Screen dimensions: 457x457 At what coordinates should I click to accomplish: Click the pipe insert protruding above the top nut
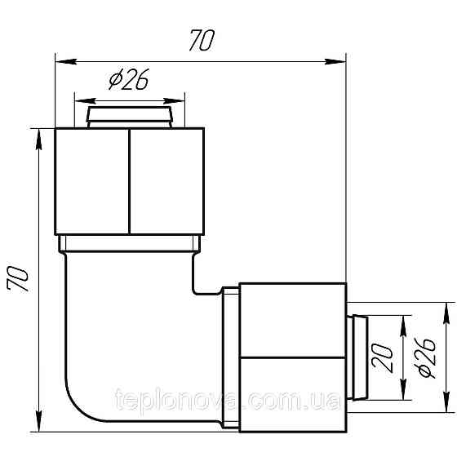tap(130, 114)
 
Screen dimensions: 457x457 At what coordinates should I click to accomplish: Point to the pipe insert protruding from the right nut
tap(356, 357)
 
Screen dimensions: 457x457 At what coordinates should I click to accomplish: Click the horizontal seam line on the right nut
tap(294, 357)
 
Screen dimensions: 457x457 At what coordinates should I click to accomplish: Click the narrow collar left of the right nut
tap(230, 357)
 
